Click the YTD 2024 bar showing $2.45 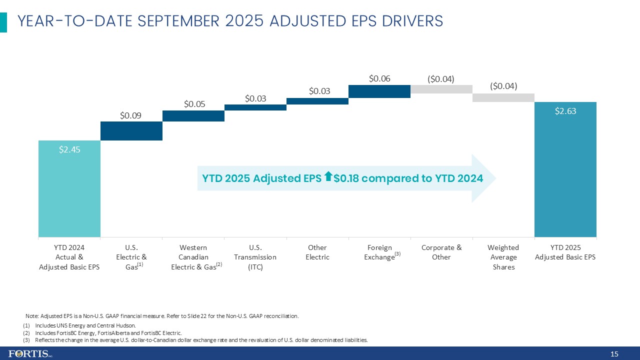(69, 188)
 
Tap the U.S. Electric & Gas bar (131, 131)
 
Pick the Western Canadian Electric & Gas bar (193, 116)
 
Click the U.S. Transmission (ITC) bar (255, 107)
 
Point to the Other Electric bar (317, 101)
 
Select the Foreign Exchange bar (379, 91)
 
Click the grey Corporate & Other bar (441, 89)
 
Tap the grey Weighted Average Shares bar (503, 97)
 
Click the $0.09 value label (130, 115)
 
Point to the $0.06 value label (379, 78)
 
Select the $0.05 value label (194, 104)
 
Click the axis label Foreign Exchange (379, 252)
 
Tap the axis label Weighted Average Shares (503, 257)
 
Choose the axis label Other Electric (317, 252)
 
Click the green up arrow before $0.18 (328, 176)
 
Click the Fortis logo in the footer (30, 354)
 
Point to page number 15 (614, 354)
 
